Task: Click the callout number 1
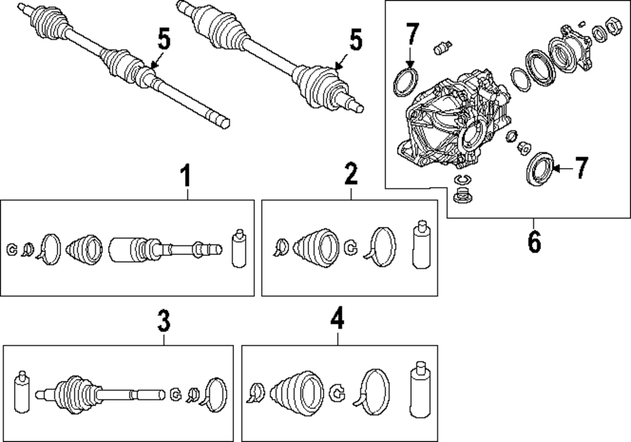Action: click(x=186, y=176)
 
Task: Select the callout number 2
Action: click(x=351, y=173)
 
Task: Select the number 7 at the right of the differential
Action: click(x=581, y=168)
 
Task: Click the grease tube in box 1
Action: click(x=238, y=248)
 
